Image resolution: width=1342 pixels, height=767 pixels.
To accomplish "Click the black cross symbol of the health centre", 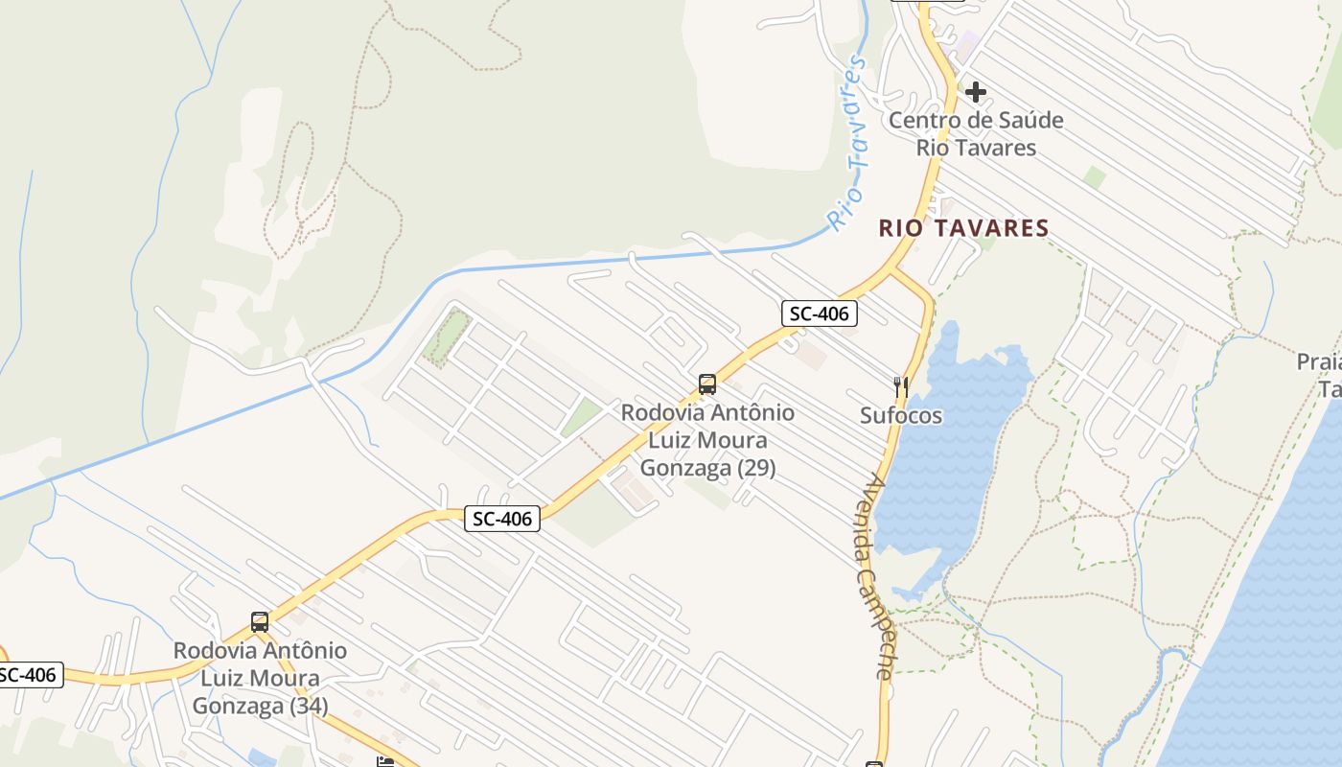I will [976, 92].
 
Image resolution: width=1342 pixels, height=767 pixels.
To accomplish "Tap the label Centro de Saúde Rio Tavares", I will [976, 134].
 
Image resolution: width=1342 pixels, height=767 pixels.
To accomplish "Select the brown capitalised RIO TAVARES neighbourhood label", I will [964, 228].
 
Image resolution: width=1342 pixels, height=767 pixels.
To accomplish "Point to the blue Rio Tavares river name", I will [848, 144].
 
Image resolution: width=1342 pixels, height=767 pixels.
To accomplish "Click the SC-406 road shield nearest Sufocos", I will [819, 313].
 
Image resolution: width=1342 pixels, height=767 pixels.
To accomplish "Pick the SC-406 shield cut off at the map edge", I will [29, 675].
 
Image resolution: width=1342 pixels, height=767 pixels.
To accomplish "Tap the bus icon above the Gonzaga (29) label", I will [707, 384].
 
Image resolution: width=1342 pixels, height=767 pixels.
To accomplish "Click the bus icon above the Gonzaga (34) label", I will [260, 621].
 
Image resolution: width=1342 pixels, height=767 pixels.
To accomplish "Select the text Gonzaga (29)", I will [707, 469].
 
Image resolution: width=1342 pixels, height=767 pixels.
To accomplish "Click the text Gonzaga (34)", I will [260, 707].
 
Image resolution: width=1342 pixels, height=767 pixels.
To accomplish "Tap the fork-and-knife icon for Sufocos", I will [900, 387].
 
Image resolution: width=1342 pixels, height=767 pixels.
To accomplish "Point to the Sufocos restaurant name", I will [900, 416].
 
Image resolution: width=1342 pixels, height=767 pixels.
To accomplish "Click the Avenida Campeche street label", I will [875, 575].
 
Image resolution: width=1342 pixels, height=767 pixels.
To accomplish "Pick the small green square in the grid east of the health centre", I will [1095, 177].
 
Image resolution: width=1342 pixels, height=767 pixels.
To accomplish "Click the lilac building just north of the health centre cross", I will [966, 44].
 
